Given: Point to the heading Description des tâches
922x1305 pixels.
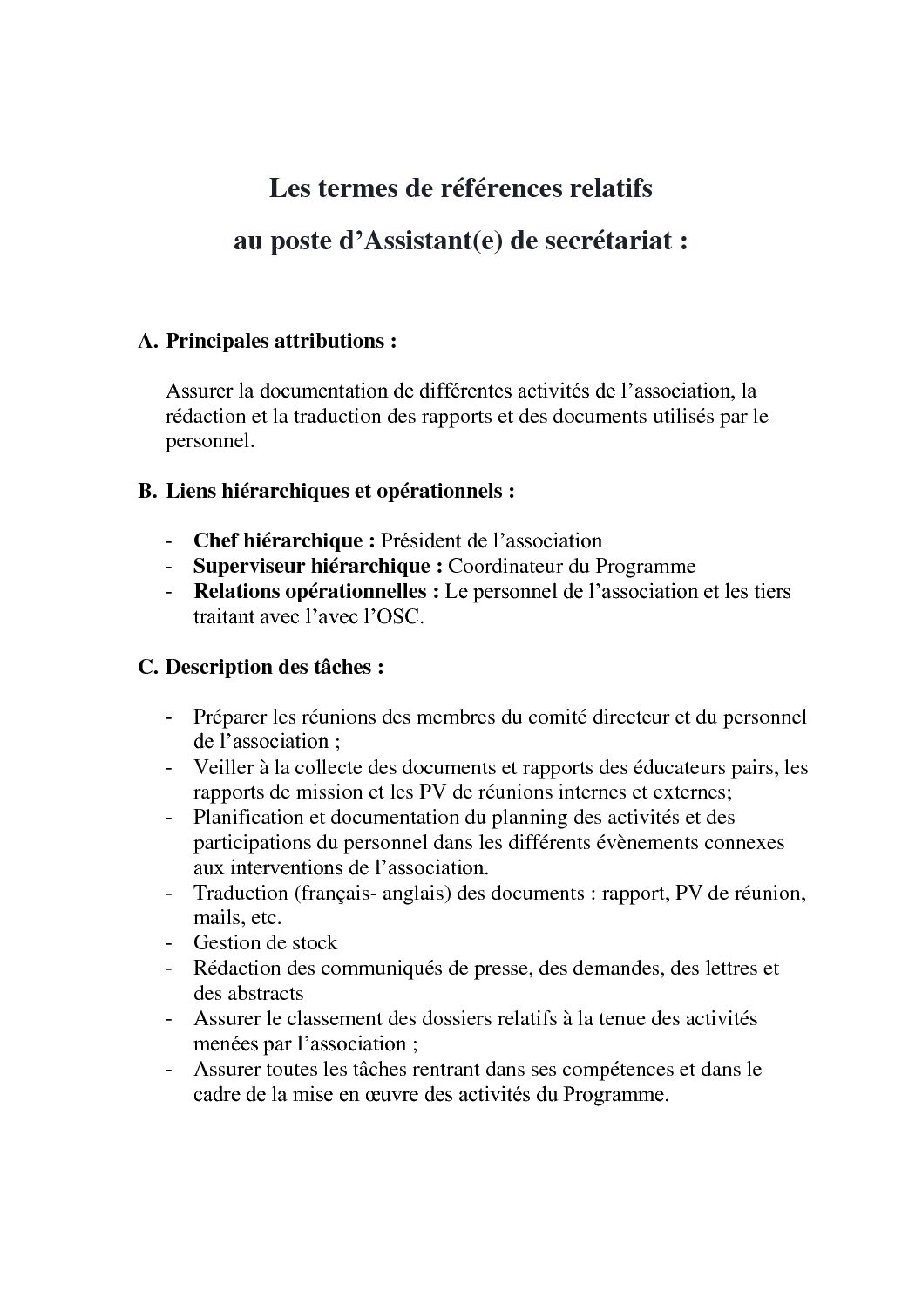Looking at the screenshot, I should (x=275, y=668).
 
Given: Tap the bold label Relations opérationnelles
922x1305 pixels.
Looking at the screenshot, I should (x=315, y=591).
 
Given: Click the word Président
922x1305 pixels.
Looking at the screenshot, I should (x=422, y=540).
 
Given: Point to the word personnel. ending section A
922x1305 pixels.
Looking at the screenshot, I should (x=209, y=441).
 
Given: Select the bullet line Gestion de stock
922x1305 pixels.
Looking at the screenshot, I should (x=265, y=942).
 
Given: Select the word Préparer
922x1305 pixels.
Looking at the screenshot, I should (x=228, y=717).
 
